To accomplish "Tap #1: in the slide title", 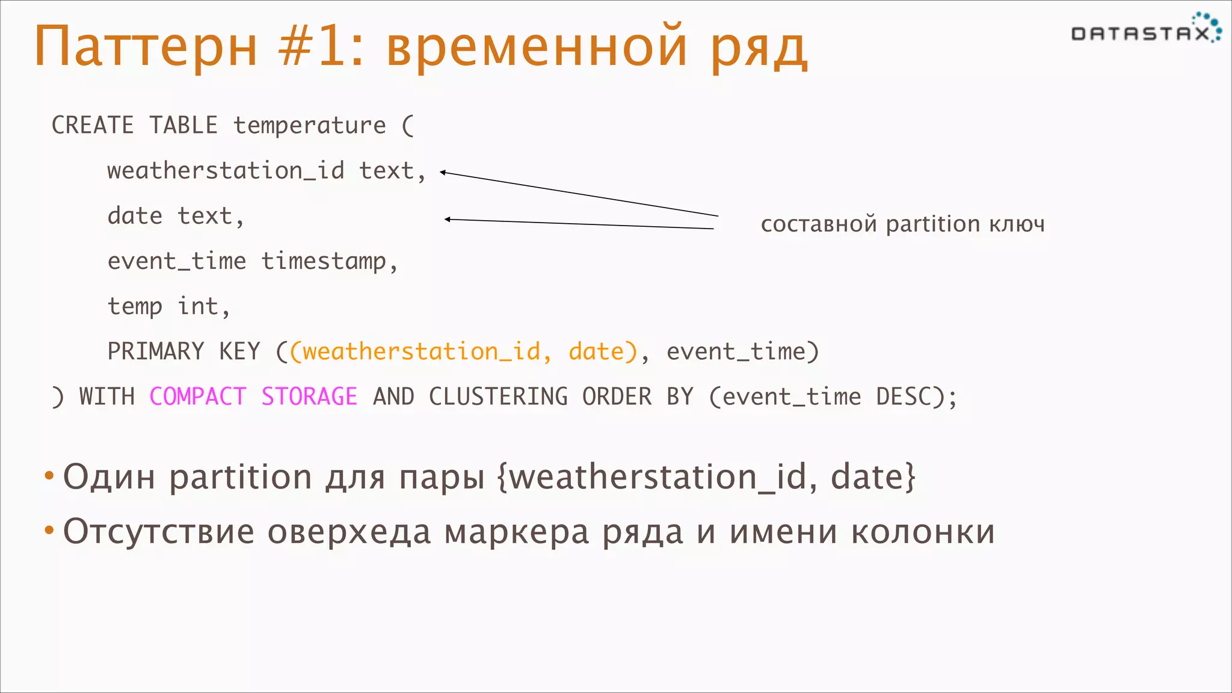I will pos(321,46).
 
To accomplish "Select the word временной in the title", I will pos(536,46).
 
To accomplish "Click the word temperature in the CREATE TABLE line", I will pos(310,126).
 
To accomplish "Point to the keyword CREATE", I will pos(93,126).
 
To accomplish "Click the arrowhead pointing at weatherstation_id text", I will pos(443,173).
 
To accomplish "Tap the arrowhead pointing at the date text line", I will pos(448,220).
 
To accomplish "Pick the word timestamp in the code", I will pos(324,262).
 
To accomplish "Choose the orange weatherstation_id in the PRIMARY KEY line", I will pos(421,352).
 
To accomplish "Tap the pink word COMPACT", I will pos(198,397).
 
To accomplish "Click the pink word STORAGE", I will pos(309,397).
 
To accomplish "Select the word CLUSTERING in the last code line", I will pos(498,397).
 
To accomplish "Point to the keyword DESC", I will pos(904,397).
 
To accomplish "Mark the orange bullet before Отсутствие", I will pos(49,531).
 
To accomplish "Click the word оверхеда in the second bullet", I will pos(349,532).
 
